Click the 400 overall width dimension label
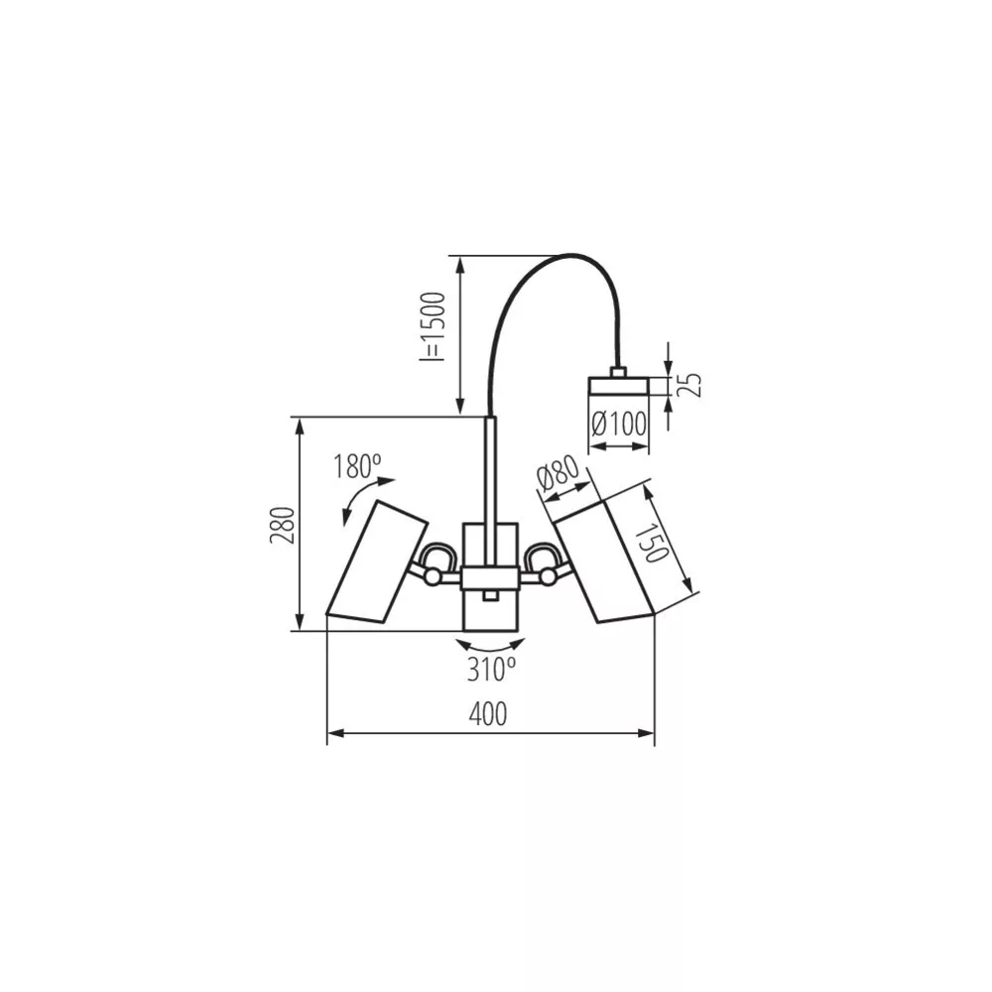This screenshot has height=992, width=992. [488, 715]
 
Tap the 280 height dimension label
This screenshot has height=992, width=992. [283, 526]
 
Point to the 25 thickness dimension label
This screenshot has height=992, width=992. [693, 385]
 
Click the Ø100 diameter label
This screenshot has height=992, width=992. [619, 425]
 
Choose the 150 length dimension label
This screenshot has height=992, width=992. [656, 543]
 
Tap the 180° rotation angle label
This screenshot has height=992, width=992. [357, 466]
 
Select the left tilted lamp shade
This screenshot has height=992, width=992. [377, 561]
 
